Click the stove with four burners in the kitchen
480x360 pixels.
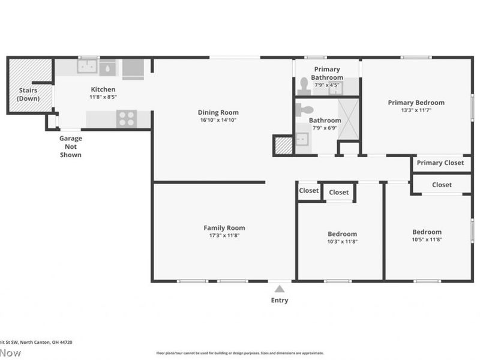(x=127, y=119)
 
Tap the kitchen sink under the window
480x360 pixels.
(x=87, y=67)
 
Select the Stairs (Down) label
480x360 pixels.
(x=28, y=94)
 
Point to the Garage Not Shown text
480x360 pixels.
(x=70, y=146)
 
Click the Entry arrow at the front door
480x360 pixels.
(x=279, y=289)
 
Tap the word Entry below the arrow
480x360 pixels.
(x=280, y=300)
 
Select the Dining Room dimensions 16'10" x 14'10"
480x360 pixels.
(x=218, y=120)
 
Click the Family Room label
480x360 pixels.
(x=224, y=227)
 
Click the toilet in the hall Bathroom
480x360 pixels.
(x=305, y=109)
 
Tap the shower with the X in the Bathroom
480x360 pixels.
(x=348, y=119)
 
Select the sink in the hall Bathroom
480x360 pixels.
(x=302, y=140)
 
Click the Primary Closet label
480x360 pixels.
(x=440, y=163)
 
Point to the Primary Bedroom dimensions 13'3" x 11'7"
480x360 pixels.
(x=416, y=110)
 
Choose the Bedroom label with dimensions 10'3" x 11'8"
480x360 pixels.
(x=342, y=234)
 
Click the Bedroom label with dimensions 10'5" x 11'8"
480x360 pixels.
(x=427, y=232)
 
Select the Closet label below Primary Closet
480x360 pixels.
(x=442, y=185)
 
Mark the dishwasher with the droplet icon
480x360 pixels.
(x=108, y=68)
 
